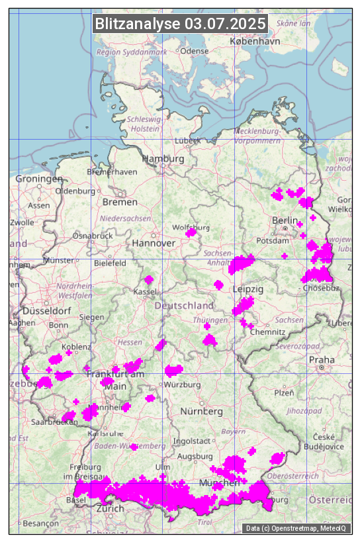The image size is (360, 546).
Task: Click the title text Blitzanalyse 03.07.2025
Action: [180, 24]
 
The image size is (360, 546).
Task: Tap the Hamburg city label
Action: [163, 159]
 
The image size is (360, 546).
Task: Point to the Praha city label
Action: [321, 359]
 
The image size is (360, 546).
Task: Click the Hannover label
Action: [154, 243]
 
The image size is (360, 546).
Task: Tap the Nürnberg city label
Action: [202, 411]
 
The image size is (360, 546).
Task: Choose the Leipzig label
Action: [248, 289]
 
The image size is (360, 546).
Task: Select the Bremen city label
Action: [120, 201]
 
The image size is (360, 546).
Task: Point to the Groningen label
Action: [38, 179]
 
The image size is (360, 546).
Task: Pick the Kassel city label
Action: [145, 291]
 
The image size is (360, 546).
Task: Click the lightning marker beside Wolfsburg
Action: [191, 232]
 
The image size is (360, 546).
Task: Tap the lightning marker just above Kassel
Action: [149, 280]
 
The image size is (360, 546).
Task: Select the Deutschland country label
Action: [184, 305]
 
